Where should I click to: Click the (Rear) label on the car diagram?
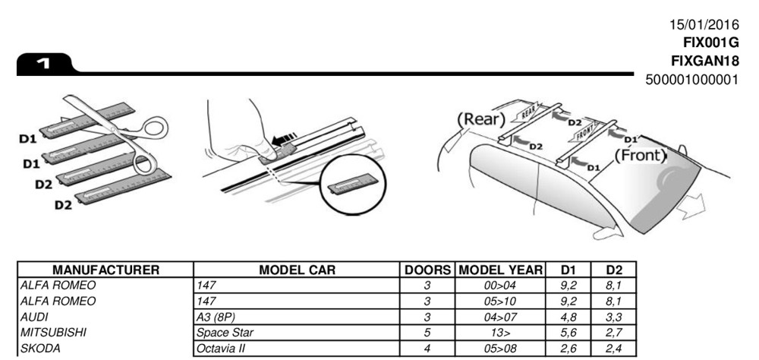point(481,119)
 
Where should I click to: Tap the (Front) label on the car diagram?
point(640,156)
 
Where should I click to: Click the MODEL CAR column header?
point(298,270)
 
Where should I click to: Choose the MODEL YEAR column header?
point(502,270)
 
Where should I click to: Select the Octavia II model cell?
point(219,349)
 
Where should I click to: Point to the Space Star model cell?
point(221,333)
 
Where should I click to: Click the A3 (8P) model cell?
point(215,317)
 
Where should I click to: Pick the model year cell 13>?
point(502,333)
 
